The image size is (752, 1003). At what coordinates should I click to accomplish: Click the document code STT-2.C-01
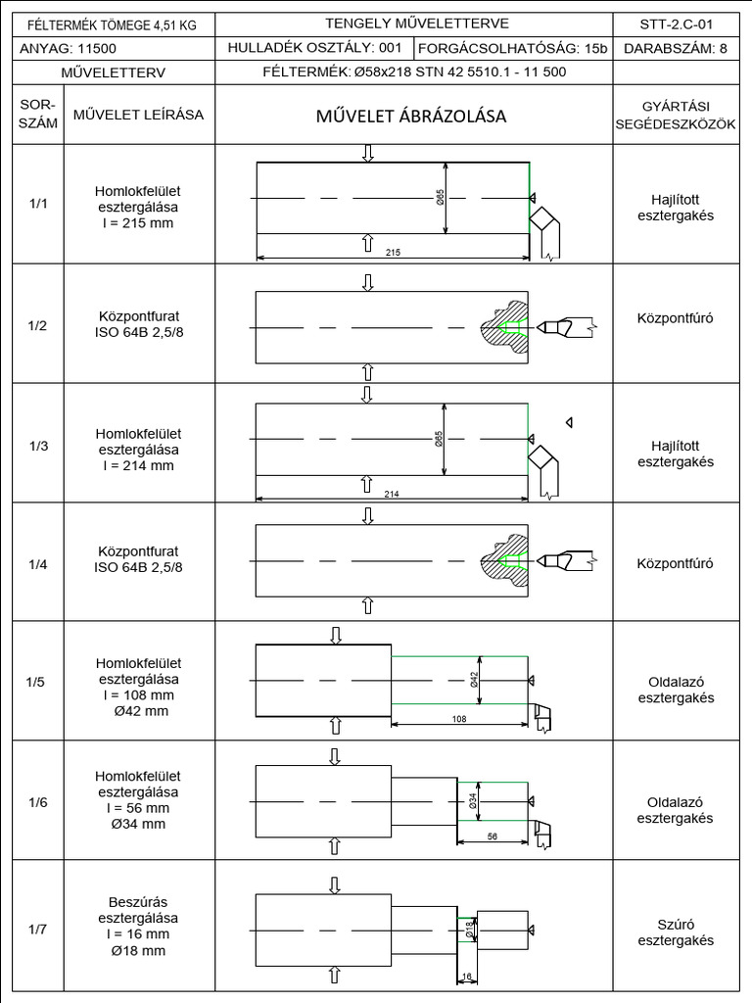675,24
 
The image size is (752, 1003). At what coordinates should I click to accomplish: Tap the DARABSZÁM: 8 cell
675,48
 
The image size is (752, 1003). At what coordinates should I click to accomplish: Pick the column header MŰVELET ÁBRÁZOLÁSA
410,116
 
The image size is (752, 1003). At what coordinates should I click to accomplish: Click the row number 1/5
37,682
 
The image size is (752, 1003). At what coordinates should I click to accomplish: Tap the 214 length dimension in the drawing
392,493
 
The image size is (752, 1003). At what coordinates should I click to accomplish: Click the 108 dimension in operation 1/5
459,719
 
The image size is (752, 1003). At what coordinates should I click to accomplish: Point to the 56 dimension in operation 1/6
492,837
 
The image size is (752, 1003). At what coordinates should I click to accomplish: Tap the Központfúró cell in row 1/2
675,319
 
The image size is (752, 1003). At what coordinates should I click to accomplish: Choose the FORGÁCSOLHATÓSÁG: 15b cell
513,48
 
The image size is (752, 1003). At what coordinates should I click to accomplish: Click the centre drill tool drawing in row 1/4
568,562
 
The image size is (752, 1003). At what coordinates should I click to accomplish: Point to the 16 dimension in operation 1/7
466,976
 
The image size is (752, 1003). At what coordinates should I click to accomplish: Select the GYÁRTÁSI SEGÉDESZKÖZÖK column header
675,116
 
